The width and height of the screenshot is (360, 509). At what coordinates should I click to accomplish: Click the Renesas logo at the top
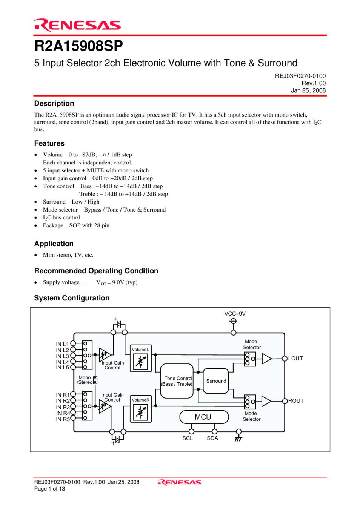tap(77, 25)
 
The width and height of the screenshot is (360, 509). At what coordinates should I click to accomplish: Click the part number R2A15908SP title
tap(78, 46)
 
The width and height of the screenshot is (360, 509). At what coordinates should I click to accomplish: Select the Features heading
tap(49, 143)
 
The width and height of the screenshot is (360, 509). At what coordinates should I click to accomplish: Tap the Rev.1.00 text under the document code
tap(314, 83)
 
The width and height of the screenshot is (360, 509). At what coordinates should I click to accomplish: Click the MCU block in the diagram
tap(204, 417)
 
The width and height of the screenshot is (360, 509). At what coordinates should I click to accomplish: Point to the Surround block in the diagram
tap(216, 381)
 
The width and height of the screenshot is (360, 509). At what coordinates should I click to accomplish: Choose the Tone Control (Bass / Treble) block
tap(177, 381)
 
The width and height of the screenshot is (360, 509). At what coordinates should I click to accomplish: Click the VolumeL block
tap(141, 358)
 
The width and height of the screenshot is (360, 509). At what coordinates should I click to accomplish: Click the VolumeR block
tap(141, 408)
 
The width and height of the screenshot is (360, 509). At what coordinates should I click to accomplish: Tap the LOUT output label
tap(295, 359)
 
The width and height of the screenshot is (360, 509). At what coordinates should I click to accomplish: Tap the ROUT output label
tap(296, 401)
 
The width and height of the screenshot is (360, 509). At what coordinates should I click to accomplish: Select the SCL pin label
tap(188, 438)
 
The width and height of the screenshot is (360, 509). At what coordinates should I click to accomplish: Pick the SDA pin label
tap(212, 438)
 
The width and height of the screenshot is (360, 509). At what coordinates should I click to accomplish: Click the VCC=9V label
tap(235, 314)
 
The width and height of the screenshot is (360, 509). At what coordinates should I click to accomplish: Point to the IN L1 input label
tap(62, 344)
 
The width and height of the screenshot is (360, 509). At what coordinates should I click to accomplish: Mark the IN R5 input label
tap(63, 419)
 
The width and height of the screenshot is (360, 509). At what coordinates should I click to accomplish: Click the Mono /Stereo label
tap(85, 380)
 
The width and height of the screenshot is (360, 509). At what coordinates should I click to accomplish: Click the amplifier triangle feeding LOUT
tap(266, 359)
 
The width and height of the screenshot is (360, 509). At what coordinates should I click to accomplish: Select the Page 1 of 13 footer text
tap(49, 489)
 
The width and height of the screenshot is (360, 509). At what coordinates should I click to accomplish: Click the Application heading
tap(54, 244)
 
